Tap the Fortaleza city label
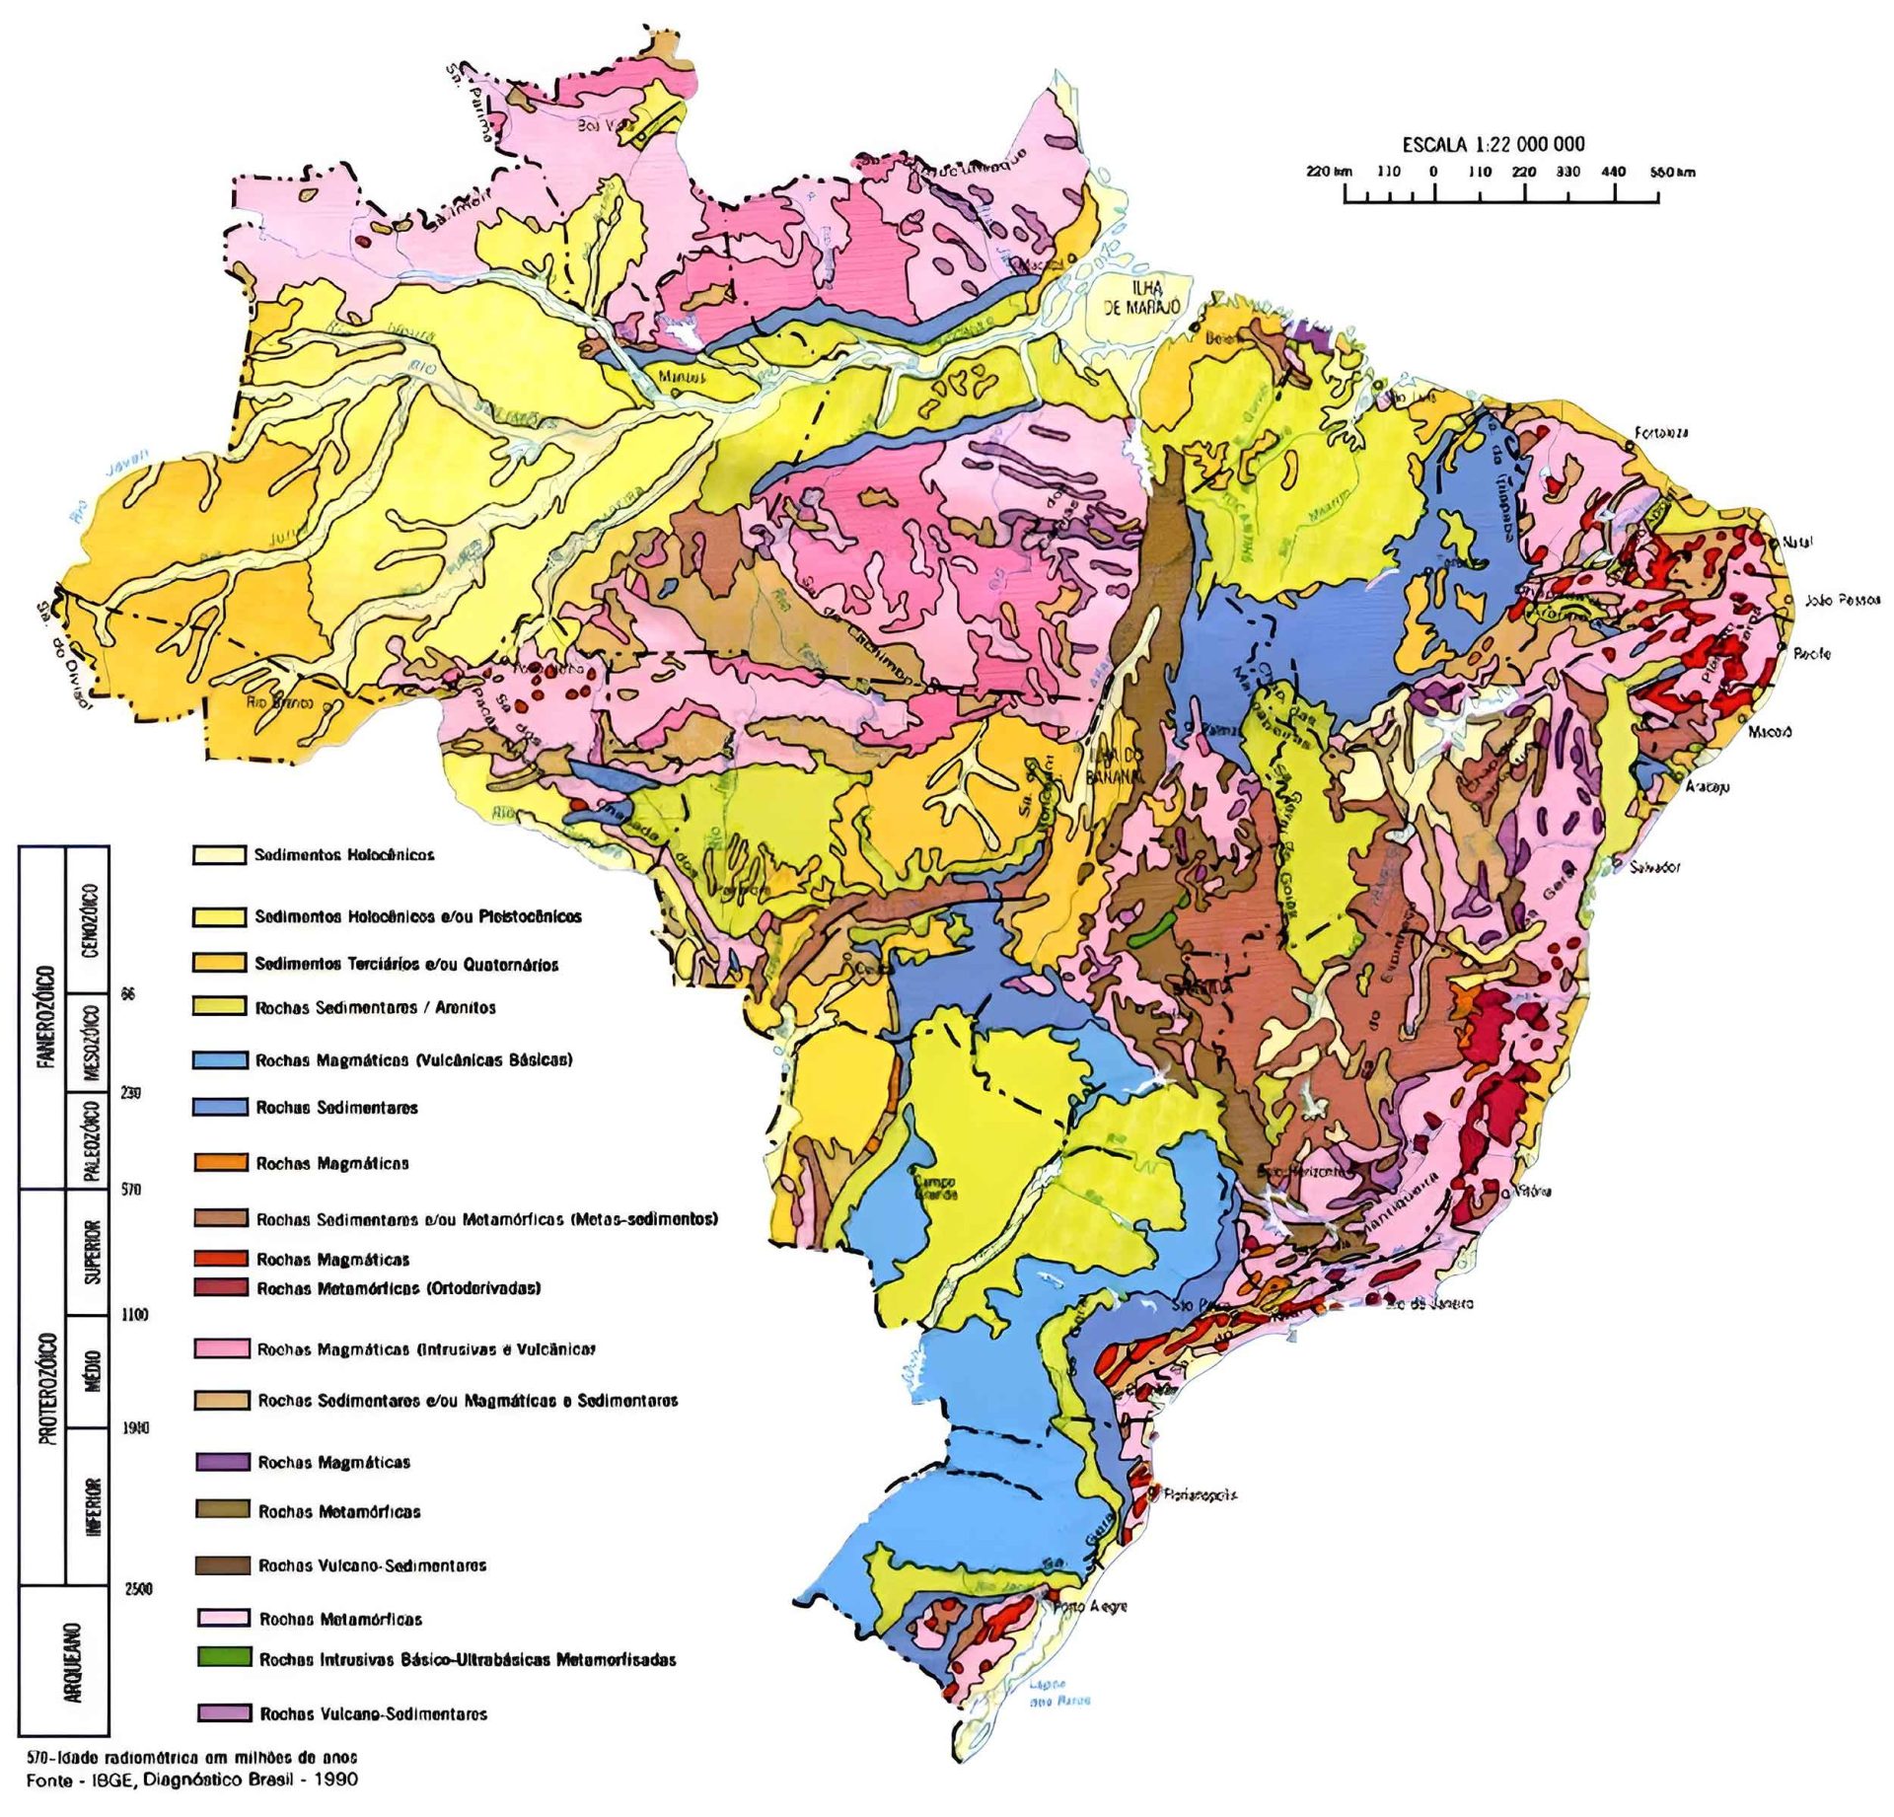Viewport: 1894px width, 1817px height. (x=1661, y=433)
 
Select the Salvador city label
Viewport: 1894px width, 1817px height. (x=1655, y=867)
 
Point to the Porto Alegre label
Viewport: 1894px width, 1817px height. (x=1090, y=1606)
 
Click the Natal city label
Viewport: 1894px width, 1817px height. (x=1798, y=543)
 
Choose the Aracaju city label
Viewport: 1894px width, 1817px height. (x=1707, y=787)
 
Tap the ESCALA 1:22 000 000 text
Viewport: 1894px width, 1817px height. (x=1493, y=144)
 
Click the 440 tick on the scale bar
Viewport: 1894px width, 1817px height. (x=1613, y=172)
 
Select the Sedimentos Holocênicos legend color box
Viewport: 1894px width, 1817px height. (x=219, y=854)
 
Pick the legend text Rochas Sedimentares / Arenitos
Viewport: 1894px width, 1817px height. (x=375, y=1007)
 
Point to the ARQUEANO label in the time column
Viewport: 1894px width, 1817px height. (x=72, y=1662)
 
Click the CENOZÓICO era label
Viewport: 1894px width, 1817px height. (x=90, y=920)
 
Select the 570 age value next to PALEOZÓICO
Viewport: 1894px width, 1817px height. (x=130, y=1190)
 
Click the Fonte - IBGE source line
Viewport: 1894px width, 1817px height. (x=192, y=1780)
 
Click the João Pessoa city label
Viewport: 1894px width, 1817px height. (x=1842, y=600)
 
